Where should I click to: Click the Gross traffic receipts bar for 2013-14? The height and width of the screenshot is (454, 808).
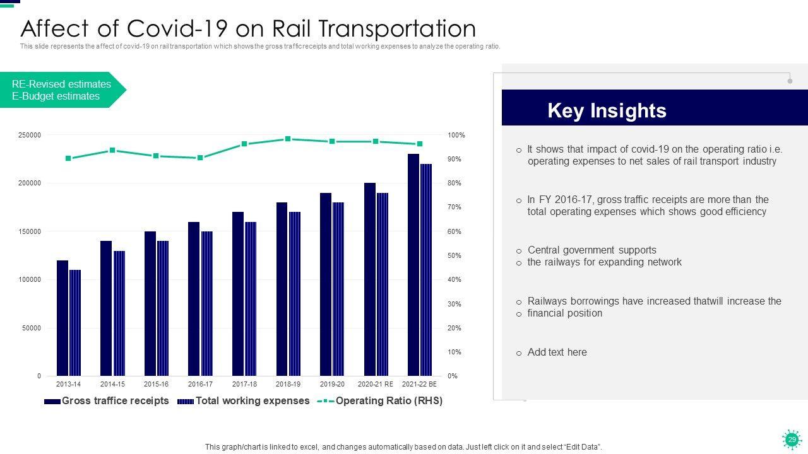coord(62,318)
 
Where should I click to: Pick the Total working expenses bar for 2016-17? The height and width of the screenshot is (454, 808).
coord(207,303)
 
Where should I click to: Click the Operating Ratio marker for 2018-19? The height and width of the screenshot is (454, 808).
coord(288,139)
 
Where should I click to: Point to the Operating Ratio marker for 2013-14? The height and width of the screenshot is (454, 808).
coord(68,158)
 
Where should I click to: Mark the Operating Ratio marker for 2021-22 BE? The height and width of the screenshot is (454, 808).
coord(420,144)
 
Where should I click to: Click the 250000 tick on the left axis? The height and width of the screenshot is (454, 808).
coord(30,135)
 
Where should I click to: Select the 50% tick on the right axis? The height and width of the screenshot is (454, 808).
coord(454,255)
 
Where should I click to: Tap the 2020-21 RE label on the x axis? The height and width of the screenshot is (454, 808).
coord(376,384)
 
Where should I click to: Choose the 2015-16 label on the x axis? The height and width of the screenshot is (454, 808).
coord(156,384)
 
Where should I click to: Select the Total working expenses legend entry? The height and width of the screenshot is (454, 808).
coord(252,401)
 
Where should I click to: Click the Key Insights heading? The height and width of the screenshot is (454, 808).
coord(607,110)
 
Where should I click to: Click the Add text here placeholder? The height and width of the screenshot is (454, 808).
coord(557,352)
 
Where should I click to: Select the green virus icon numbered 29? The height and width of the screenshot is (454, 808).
coord(791,439)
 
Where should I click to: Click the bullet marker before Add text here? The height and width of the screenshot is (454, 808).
coord(519,354)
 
